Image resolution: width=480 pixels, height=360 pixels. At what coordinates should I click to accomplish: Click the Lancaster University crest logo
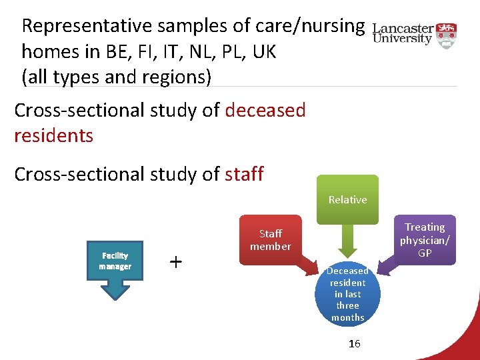coord(447,33)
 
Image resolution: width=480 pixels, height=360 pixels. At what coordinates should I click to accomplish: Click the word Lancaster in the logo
coord(403,29)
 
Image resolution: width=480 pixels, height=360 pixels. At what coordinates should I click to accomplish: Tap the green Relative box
coord(347,199)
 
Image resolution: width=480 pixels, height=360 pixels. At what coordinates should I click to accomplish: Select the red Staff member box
coord(271,240)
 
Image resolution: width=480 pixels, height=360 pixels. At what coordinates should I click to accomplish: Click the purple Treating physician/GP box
coord(425,239)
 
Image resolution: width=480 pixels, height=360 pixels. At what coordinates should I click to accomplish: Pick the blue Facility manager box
coord(115,261)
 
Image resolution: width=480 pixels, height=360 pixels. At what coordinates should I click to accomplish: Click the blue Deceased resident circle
coord(347,294)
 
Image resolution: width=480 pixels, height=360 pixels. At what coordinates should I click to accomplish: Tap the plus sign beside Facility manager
coord(175,261)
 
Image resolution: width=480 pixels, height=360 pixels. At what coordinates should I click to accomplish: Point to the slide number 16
coord(355,343)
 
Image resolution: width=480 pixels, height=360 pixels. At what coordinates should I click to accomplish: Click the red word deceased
coord(265,110)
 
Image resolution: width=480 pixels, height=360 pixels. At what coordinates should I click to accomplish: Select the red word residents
coord(53,135)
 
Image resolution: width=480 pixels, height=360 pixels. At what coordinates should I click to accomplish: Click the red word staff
coord(244,174)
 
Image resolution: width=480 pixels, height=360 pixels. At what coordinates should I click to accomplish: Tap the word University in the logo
coord(403,39)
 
